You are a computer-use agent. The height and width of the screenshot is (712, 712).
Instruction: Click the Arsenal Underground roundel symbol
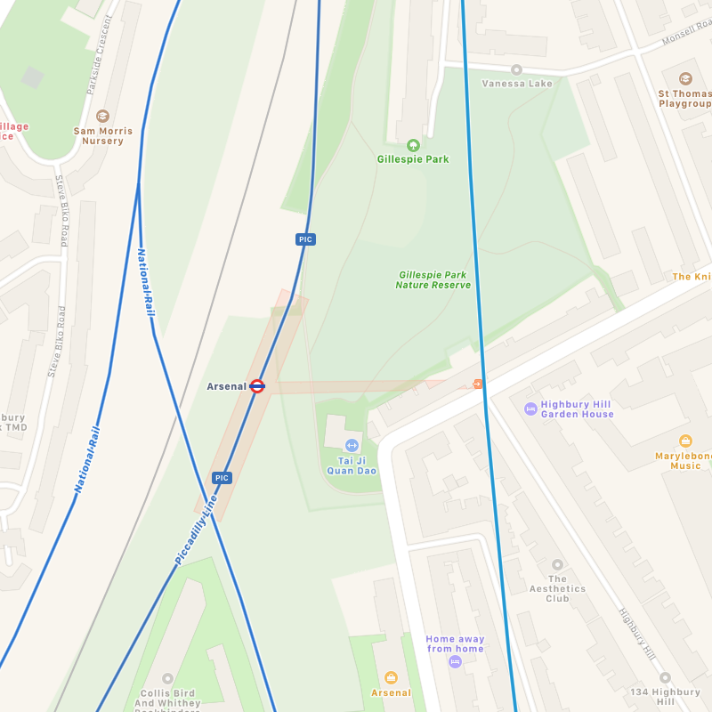pyautogui.click(x=257, y=386)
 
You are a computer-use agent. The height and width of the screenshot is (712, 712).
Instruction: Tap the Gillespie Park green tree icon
pyautogui.click(x=412, y=145)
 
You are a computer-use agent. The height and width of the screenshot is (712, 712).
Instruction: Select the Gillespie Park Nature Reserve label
pyautogui.click(x=433, y=280)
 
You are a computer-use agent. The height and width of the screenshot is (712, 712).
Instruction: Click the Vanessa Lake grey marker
pyautogui.click(x=516, y=69)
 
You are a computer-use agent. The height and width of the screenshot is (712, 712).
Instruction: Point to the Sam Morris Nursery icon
pyautogui.click(x=102, y=116)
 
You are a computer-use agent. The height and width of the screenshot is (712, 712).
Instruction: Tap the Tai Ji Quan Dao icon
pyautogui.click(x=352, y=445)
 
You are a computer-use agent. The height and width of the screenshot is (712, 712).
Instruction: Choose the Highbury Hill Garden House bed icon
pyautogui.click(x=530, y=409)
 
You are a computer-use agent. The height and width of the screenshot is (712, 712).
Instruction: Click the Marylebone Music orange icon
pyautogui.click(x=685, y=441)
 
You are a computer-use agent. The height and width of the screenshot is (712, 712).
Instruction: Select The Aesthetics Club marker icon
pyautogui.click(x=557, y=564)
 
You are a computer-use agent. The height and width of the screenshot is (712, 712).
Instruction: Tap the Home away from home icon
pyautogui.click(x=455, y=662)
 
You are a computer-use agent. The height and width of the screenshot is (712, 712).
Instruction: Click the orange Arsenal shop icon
pyautogui.click(x=391, y=678)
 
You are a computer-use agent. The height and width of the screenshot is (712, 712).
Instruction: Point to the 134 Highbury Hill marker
pyautogui.click(x=665, y=677)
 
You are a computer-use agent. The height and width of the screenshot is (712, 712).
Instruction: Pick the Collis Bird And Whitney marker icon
pyautogui.click(x=167, y=678)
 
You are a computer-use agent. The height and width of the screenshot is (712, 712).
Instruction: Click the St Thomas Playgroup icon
pyautogui.click(x=684, y=78)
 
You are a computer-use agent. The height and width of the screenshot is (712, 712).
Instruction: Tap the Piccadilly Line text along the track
pyautogui.click(x=196, y=530)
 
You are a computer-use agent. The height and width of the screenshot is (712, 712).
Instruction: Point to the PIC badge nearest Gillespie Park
pyautogui.click(x=305, y=239)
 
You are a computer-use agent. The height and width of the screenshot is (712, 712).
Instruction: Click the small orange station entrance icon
pyautogui.click(x=478, y=384)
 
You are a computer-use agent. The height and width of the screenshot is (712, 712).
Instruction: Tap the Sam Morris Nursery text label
pyautogui.click(x=102, y=136)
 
